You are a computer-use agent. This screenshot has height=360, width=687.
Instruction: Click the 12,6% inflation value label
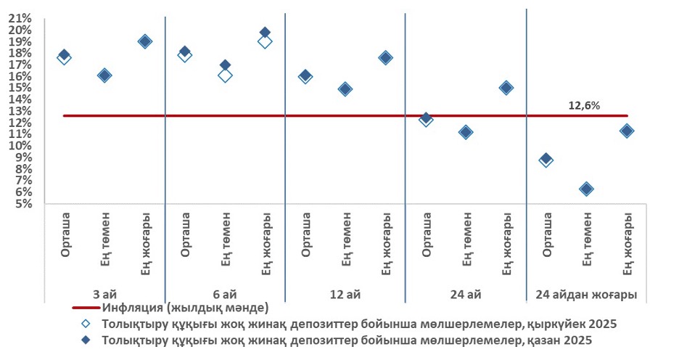tap(583, 106)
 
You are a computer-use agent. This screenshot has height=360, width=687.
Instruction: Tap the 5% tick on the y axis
tap(22, 204)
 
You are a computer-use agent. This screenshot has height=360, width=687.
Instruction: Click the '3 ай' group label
tap(105, 295)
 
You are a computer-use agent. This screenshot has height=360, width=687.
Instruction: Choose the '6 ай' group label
tap(225, 295)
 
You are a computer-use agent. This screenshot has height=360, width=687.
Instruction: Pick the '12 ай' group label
tap(345, 295)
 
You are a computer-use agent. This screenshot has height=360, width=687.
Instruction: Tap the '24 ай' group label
tap(465, 295)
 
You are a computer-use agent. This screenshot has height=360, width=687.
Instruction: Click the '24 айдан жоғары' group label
tap(586, 295)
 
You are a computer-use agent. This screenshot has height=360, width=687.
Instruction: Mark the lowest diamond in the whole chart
tap(586, 189)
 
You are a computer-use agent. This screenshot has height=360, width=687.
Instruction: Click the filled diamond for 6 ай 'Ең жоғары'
tap(265, 33)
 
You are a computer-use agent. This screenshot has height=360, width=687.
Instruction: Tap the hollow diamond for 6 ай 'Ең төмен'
tap(225, 75)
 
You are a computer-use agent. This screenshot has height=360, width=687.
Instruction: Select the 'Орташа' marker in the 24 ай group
tap(426, 118)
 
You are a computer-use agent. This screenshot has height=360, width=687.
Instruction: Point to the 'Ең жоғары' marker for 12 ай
tap(385, 58)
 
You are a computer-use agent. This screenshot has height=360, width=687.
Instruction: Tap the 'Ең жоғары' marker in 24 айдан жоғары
tap(627, 131)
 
